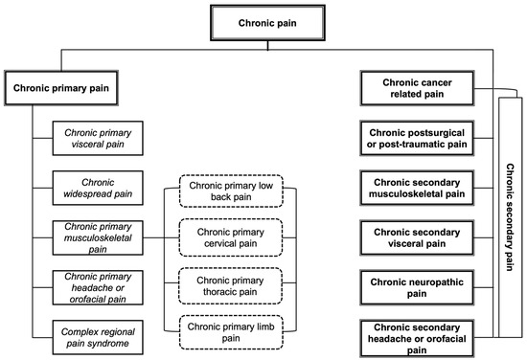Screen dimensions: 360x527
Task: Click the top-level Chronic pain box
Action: tap(263, 20)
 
